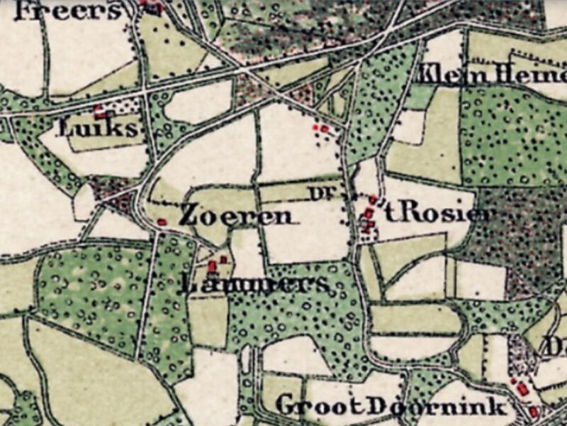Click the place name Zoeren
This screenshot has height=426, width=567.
235,215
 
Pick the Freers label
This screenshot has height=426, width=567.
67,11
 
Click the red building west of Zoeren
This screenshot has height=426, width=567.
162,222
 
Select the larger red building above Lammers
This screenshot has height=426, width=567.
212,267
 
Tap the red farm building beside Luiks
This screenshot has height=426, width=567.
100,113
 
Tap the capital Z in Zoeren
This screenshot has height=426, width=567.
189,214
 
